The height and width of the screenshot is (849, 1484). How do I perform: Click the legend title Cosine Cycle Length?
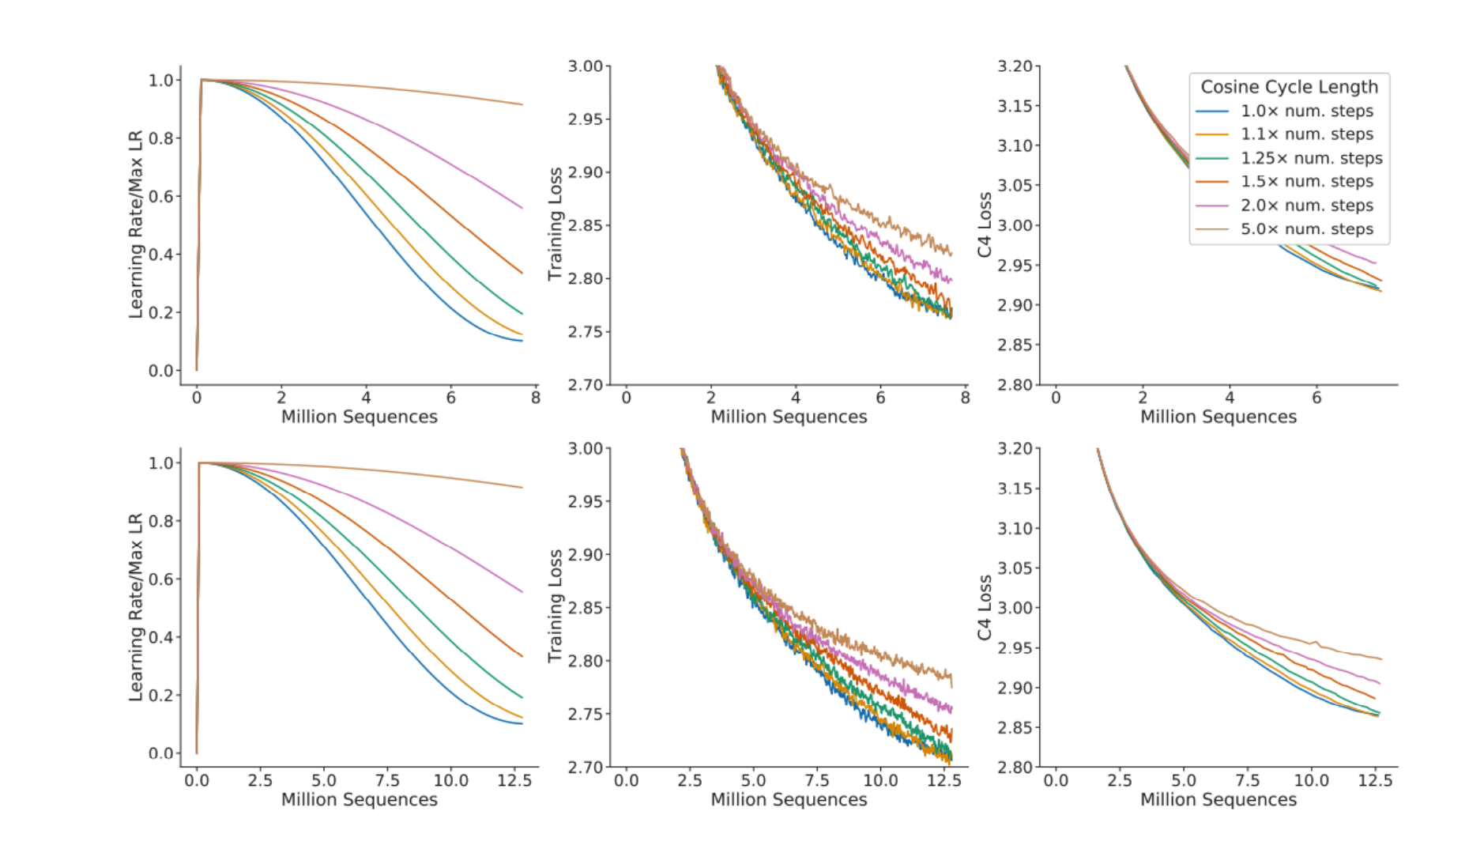click(1289, 87)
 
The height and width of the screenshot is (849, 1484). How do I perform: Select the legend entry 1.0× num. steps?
click(1307, 111)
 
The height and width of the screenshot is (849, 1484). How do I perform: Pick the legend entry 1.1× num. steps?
click(1307, 134)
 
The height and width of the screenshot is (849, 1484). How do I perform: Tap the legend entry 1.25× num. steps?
click(1311, 158)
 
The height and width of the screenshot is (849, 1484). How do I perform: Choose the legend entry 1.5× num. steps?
click(1307, 182)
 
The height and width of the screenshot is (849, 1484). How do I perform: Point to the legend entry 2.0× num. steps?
click(1307, 206)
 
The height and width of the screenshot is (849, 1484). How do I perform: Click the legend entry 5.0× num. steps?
click(1307, 229)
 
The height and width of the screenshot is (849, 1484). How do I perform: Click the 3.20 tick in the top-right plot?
click(1015, 66)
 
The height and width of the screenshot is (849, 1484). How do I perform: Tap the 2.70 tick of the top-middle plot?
click(586, 385)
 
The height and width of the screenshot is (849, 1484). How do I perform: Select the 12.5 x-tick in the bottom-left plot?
click(514, 780)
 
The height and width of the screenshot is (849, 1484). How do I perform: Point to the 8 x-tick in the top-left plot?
click(535, 398)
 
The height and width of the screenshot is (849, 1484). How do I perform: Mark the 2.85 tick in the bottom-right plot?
click(1015, 727)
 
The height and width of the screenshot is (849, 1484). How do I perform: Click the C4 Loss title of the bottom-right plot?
click(985, 607)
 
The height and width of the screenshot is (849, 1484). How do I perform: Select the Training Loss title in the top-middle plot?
click(556, 224)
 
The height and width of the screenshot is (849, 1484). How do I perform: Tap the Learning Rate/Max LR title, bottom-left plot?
click(136, 607)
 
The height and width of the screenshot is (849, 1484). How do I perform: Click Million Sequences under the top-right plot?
click(1218, 417)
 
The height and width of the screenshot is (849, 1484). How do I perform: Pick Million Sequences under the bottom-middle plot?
click(789, 799)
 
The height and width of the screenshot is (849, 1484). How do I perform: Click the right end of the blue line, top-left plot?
click(522, 341)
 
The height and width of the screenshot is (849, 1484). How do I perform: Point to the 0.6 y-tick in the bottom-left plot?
click(161, 579)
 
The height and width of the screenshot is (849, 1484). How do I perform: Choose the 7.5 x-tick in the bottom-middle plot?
click(817, 780)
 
